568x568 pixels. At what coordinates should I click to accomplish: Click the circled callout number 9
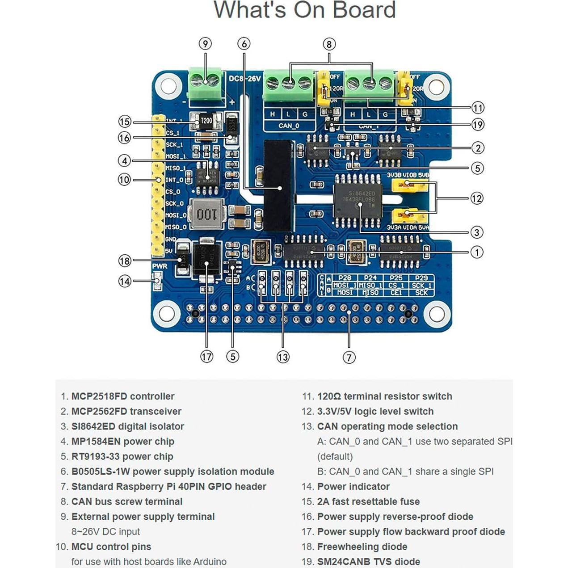click(x=205, y=44)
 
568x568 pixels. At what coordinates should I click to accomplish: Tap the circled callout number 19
click(x=478, y=125)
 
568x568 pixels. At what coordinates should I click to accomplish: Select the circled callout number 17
click(x=206, y=357)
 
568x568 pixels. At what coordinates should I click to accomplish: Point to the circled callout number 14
click(x=125, y=281)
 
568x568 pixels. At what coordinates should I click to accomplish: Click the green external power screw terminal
click(x=205, y=81)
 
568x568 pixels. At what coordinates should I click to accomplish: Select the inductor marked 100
click(x=206, y=214)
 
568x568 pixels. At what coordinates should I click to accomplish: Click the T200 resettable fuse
click(x=206, y=121)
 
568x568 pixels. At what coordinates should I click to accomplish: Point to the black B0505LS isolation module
click(x=279, y=185)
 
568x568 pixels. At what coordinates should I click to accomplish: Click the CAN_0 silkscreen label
click(x=289, y=126)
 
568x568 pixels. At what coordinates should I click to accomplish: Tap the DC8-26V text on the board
click(x=244, y=79)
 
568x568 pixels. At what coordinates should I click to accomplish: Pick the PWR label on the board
click(x=160, y=266)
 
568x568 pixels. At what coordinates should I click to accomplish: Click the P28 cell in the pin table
click(x=345, y=278)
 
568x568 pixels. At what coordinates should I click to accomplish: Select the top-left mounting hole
click(x=168, y=85)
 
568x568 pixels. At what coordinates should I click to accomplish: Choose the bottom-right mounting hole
click(x=436, y=314)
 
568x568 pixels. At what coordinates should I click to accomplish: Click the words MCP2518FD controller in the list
click(x=123, y=396)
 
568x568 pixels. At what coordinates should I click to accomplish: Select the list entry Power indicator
click(x=353, y=486)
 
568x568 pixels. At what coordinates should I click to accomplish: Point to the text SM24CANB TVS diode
click(x=369, y=562)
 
